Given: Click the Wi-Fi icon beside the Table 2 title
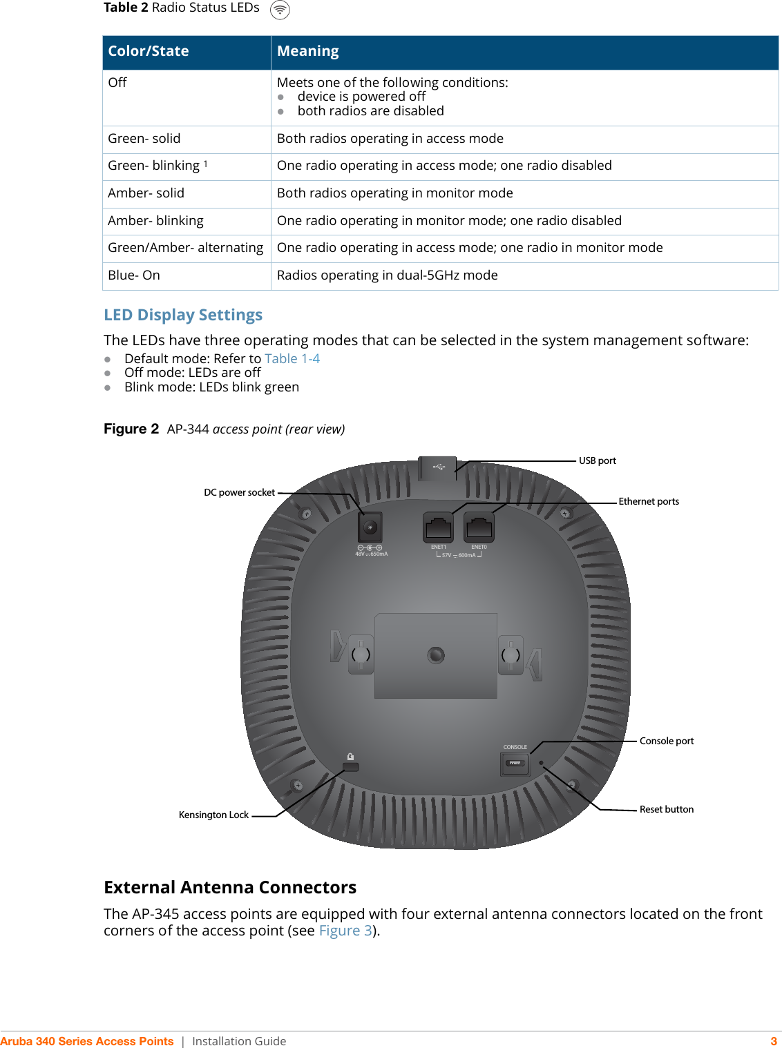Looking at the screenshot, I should pos(280,10).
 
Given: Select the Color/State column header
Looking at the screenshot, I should pos(149,51).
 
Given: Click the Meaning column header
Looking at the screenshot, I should pos(307,51).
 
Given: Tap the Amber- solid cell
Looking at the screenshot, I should pos(146,193).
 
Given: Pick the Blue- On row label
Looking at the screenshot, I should pos(134,275).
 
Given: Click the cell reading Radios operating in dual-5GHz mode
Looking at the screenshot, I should pos(387,275).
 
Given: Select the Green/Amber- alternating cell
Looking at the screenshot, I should pos(185,248).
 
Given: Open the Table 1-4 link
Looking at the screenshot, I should pos(292,359).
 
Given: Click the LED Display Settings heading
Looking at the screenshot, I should pos(183,315).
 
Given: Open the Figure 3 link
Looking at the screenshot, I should pos(345,931).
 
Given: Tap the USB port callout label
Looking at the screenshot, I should pos(597,460).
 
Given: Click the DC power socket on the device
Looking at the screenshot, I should pos(370,528).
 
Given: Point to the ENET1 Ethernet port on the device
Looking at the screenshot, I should pos(438,528).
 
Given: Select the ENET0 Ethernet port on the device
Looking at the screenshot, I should pos(479,528).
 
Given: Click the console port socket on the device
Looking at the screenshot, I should pos(515,764).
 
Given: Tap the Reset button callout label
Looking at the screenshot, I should pos(666,809).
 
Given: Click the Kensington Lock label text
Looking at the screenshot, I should pos(213,815).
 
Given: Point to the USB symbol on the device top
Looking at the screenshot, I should pos(439,467).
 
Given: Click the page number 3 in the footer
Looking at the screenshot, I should pos(774,1041).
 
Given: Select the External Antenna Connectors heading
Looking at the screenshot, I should pos(230,887).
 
